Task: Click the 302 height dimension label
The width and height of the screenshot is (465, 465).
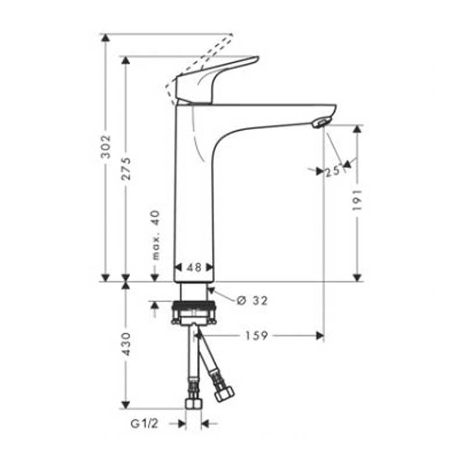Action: pyautogui.click(x=105, y=148)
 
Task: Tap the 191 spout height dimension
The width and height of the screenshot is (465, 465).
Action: pyautogui.click(x=357, y=199)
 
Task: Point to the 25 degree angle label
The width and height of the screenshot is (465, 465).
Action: pyautogui.click(x=332, y=171)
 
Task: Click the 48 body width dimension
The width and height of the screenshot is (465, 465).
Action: pyautogui.click(x=194, y=267)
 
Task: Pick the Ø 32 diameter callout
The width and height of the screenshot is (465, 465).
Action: pyautogui.click(x=252, y=300)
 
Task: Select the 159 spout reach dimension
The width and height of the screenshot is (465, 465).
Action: pyautogui.click(x=256, y=336)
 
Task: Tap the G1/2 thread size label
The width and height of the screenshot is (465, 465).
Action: pyautogui.click(x=144, y=424)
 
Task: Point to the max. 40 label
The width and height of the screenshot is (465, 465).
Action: pyautogui.click(x=155, y=235)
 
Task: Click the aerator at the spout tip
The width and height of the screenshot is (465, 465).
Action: pyautogui.click(x=320, y=121)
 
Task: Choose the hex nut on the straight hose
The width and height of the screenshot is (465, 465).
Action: pyautogui.click(x=193, y=402)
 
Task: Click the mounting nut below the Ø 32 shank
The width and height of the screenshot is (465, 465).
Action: pyautogui.click(x=194, y=312)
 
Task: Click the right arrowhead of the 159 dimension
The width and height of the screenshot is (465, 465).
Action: pyautogui.click(x=319, y=336)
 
